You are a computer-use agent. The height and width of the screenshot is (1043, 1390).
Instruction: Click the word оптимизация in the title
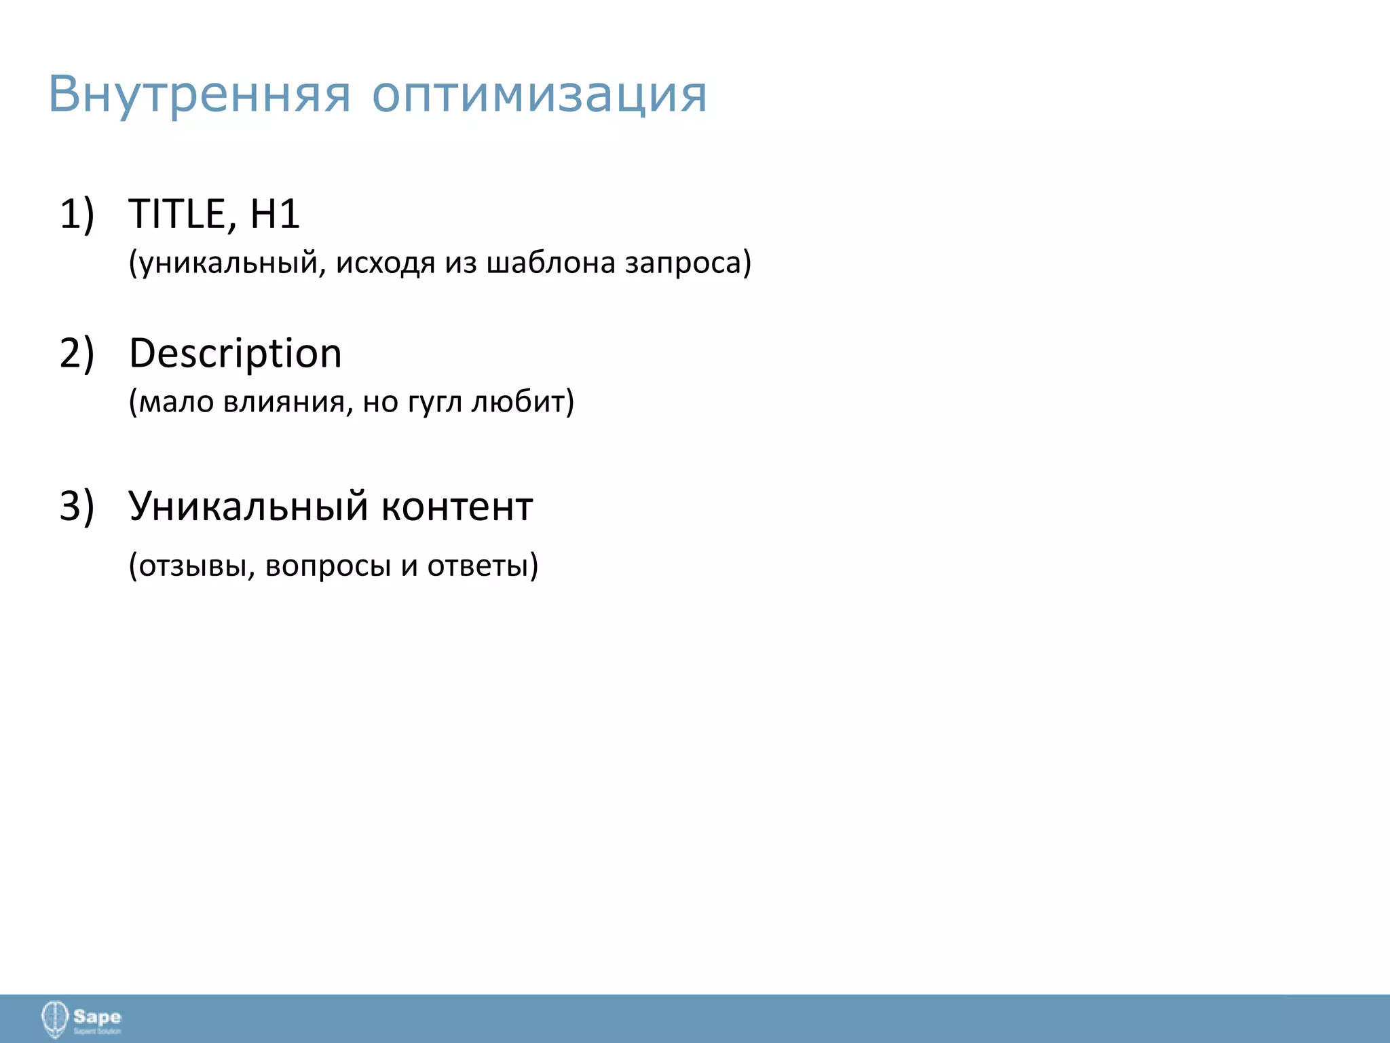point(540,95)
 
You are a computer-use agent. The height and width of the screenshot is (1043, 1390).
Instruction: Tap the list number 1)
point(77,214)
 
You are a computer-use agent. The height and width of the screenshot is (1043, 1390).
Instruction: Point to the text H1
point(275,214)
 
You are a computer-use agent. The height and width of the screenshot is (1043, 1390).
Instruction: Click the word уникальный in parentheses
point(227,263)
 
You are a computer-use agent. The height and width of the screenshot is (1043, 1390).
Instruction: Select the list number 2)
point(77,353)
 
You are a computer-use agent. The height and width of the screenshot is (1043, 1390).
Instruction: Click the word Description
point(236,354)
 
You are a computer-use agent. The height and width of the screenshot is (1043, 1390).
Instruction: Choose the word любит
point(520,402)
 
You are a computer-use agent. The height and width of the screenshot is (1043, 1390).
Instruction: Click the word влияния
point(288,403)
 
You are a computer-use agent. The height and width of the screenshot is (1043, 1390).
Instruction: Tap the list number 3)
point(77,506)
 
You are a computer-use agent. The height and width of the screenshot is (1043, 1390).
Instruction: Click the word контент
point(457,507)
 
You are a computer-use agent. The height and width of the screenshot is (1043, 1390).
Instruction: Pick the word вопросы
point(328,566)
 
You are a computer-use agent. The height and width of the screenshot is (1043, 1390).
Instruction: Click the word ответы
point(479,566)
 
